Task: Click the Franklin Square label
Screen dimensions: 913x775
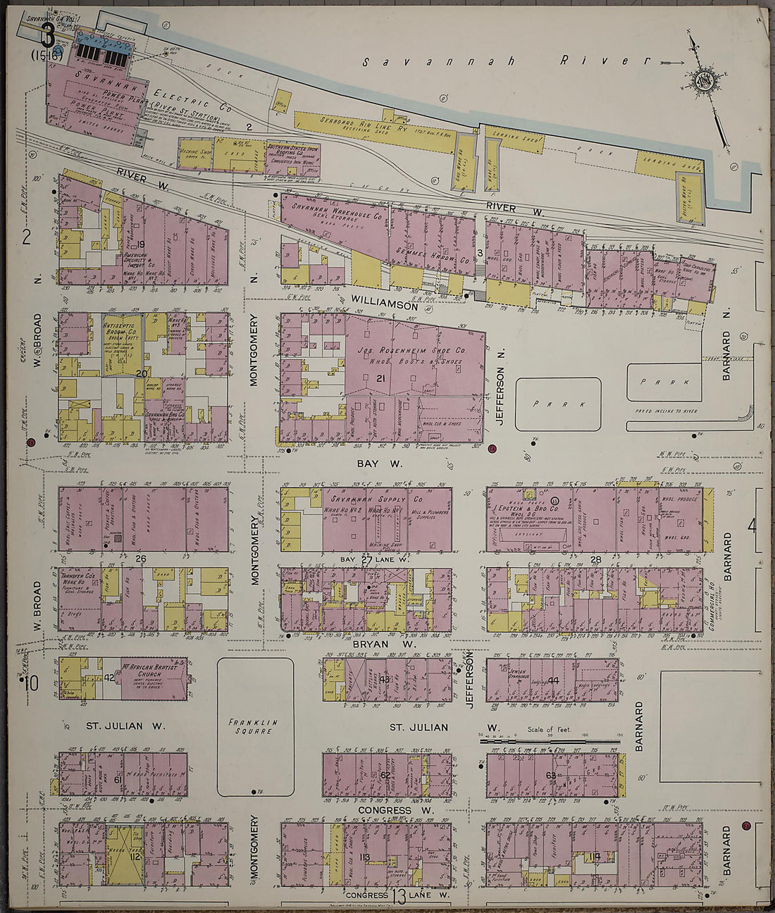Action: coord(254,726)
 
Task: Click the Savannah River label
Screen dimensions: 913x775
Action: coord(497,61)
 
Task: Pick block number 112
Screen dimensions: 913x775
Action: coord(135,857)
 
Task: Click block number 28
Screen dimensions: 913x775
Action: coord(595,559)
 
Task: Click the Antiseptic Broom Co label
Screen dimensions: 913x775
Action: coord(124,325)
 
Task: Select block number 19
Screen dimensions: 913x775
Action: coord(140,244)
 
